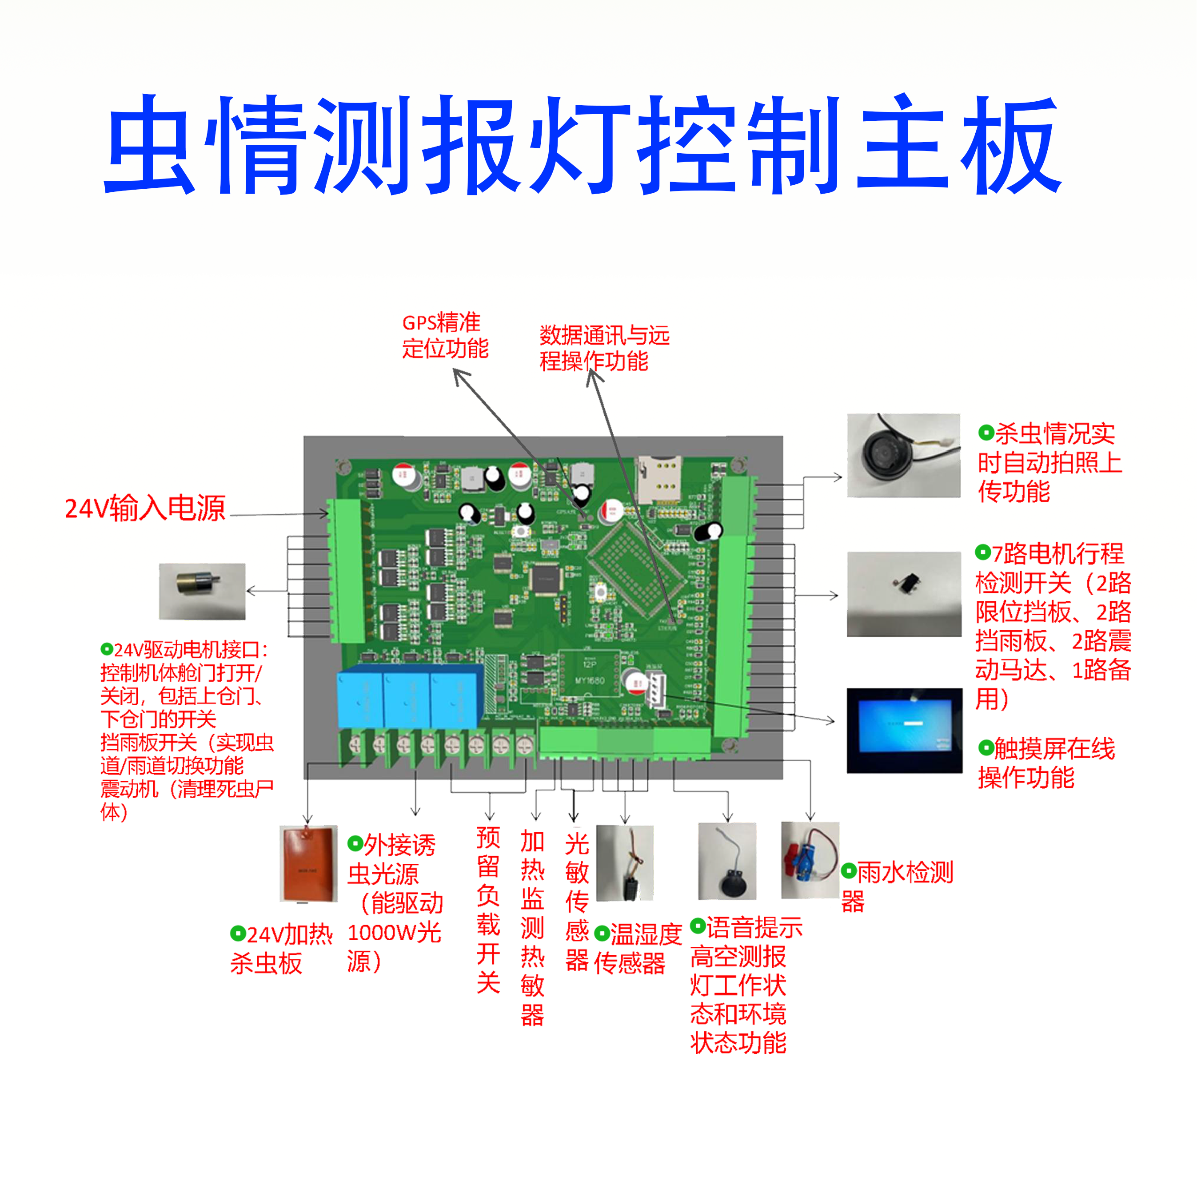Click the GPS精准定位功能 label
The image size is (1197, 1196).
coord(445,336)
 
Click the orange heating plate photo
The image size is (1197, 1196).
coord(308,863)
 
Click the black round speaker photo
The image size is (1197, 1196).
coord(727,861)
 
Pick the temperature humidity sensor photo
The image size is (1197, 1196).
coord(625,863)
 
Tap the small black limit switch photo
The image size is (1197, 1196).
coord(903,593)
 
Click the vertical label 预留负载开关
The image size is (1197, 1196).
coord(488,910)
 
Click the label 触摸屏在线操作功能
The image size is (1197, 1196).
coord(1046,763)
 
